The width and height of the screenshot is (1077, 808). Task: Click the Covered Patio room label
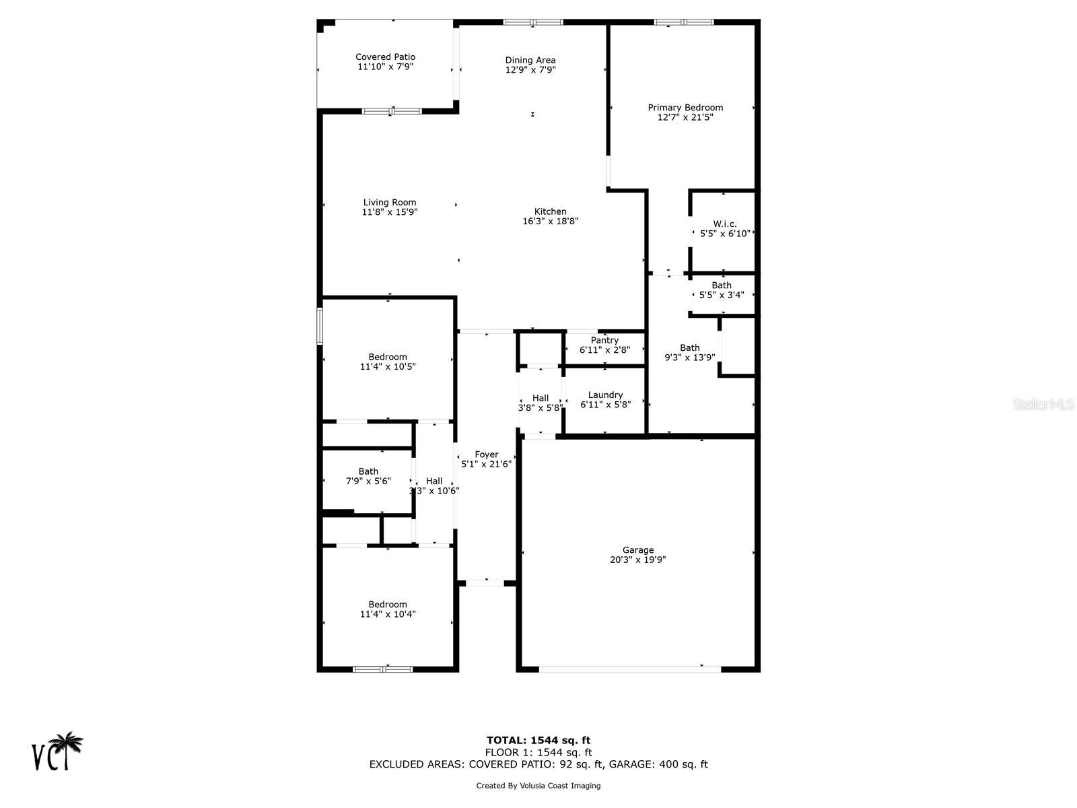[385, 57]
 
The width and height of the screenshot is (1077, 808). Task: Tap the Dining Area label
[530, 61]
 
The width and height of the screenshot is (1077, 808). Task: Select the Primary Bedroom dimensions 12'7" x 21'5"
[685, 117]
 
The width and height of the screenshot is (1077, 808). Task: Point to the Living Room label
[390, 203]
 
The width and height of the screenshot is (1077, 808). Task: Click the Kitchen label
[551, 211]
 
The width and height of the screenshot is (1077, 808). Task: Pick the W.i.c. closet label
[725, 224]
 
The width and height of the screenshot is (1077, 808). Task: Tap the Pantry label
[604, 341]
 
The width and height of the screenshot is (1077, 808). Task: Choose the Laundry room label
[605, 395]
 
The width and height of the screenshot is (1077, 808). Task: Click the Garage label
[637, 550]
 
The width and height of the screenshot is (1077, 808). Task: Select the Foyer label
[486, 454]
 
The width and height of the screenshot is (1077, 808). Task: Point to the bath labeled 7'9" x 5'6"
[368, 476]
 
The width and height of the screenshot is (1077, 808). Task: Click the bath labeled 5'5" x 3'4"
[722, 290]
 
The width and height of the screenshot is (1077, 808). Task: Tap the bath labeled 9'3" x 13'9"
[689, 353]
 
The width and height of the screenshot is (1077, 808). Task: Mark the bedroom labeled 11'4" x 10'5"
[388, 362]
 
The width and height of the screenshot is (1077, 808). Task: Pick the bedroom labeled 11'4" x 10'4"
[388, 609]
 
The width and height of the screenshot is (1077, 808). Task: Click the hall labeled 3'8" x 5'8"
[541, 403]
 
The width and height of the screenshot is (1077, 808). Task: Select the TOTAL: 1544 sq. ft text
[538, 741]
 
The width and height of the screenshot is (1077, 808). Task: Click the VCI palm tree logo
[58, 751]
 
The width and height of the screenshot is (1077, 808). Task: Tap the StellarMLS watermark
[1043, 404]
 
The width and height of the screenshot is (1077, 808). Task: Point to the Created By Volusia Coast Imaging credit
[538, 786]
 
